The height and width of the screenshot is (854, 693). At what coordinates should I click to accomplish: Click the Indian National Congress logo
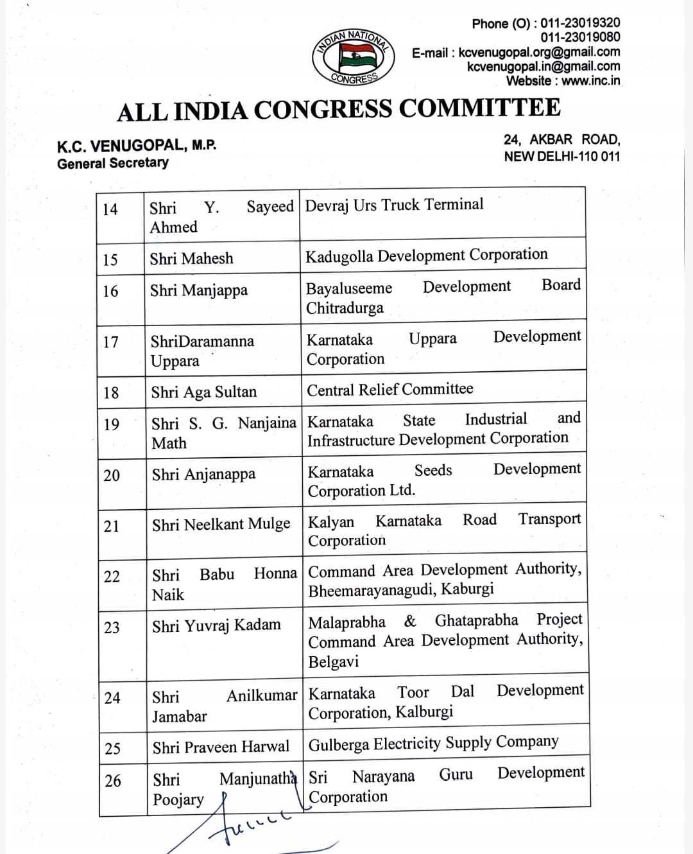[354, 57]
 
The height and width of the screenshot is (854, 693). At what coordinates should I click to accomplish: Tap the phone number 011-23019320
[580, 23]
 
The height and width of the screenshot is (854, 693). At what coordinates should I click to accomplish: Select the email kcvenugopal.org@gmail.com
[539, 52]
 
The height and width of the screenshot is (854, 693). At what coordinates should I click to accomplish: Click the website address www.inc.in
[590, 81]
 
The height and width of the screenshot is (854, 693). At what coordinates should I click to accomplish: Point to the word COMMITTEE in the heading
[480, 108]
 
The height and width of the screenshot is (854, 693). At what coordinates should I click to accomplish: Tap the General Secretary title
[113, 163]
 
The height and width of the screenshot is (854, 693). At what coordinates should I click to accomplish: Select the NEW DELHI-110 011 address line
[561, 156]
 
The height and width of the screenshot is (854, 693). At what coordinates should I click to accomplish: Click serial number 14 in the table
[110, 209]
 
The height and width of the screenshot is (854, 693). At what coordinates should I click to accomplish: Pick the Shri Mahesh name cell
[191, 258]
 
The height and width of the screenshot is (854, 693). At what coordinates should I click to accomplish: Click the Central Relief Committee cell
[390, 389]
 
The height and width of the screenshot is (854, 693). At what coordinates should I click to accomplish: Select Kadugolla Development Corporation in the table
[427, 256]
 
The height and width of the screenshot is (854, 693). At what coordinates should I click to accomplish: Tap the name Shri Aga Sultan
[204, 392]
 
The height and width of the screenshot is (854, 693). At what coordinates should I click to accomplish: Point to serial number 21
[112, 526]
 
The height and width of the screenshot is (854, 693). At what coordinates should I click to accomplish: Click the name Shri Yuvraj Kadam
[216, 625]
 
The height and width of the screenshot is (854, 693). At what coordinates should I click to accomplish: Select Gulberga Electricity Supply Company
[434, 744]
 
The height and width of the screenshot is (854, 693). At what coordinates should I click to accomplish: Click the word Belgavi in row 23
[334, 661]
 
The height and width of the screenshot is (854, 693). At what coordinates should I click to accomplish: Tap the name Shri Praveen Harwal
[221, 747]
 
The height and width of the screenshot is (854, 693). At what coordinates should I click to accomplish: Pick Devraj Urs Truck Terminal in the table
[394, 205]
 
